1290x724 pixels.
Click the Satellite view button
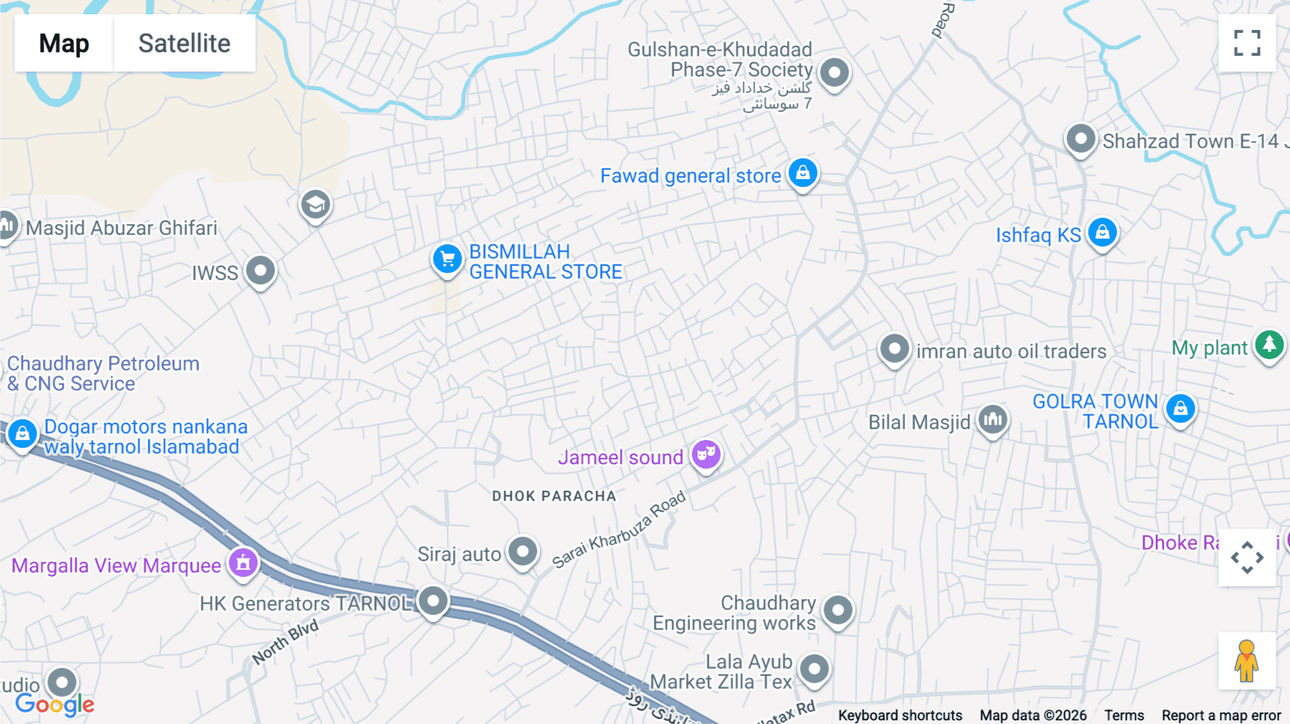point(184,43)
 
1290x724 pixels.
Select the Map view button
point(64,43)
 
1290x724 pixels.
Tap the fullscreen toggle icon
point(1247,43)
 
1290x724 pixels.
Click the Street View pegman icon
point(1247,660)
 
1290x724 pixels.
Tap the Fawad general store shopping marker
point(803,173)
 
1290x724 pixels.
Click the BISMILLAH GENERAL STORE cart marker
point(447,259)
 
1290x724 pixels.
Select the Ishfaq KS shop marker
point(1102,233)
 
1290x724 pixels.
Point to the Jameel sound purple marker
point(706,454)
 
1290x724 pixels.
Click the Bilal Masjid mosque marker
point(993,419)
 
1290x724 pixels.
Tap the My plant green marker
point(1269,346)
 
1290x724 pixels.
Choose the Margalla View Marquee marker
point(243,563)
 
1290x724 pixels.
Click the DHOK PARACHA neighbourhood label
point(554,496)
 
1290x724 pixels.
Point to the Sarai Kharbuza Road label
point(619,530)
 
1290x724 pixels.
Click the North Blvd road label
point(285,642)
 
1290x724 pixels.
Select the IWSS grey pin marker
point(260,271)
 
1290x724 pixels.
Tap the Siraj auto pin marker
point(522,553)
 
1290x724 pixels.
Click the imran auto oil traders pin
point(894,350)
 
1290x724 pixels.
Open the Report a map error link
point(1221,715)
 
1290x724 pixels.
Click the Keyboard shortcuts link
point(900,715)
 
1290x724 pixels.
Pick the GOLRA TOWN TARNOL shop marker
point(1180,409)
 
